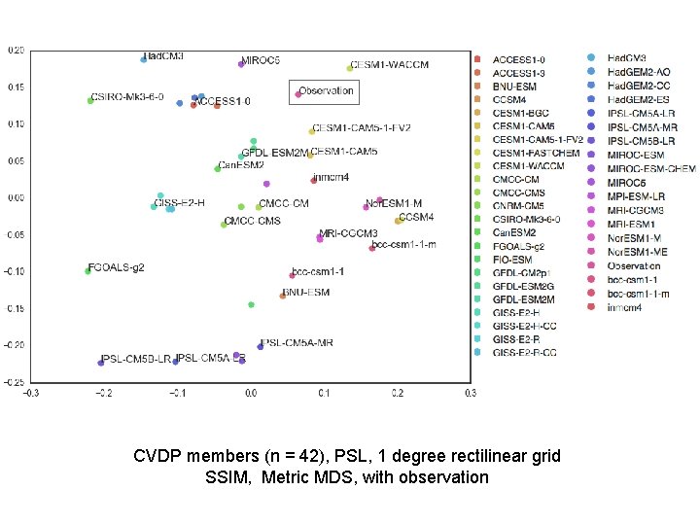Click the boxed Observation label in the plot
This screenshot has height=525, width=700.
point(327,91)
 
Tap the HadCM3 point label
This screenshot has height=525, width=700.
point(164,56)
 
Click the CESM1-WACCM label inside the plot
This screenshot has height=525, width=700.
point(389,65)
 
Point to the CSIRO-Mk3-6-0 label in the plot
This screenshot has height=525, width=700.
point(127,98)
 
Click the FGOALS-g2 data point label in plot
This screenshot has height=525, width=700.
point(117,267)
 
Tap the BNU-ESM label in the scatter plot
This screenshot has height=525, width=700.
point(306,292)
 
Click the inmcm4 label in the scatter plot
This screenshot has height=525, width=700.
point(332,178)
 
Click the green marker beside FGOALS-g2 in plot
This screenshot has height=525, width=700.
point(87,271)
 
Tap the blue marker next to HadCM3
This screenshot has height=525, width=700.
point(144,59)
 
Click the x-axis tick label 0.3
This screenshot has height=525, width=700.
point(470,394)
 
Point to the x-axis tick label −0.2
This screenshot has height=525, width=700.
point(103,394)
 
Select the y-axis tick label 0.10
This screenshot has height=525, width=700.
point(17,123)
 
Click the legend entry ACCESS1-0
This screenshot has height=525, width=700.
point(518,59)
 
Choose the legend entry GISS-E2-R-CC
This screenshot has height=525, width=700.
point(524,353)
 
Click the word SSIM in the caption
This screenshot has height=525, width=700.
point(227,476)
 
